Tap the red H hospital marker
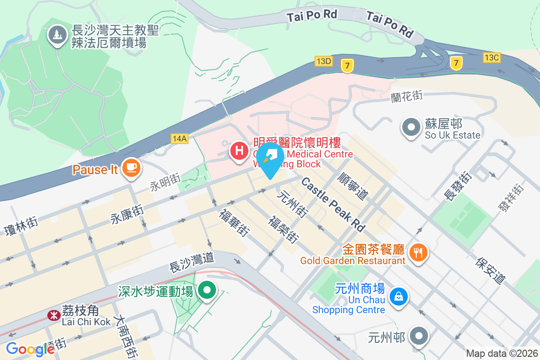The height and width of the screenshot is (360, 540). [x=239, y=150]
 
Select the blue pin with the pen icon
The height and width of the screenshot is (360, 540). [x=270, y=157]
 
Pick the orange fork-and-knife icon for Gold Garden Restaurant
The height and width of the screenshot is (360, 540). [x=418, y=252]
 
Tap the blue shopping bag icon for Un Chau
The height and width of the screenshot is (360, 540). [x=398, y=297]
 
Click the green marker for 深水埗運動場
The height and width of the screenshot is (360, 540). [x=207, y=290]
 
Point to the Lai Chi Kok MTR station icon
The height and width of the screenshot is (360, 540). [x=54, y=315]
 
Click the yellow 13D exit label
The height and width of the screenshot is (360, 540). [x=324, y=61]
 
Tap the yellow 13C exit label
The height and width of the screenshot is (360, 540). [x=491, y=58]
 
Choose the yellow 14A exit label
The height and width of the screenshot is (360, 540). [x=179, y=139]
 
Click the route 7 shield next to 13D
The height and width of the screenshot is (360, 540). [x=346, y=66]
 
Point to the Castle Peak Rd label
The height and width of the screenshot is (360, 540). [x=333, y=203]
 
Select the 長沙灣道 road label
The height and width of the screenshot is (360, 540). [x=191, y=262]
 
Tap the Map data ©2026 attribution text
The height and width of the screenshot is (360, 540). [x=501, y=353]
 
